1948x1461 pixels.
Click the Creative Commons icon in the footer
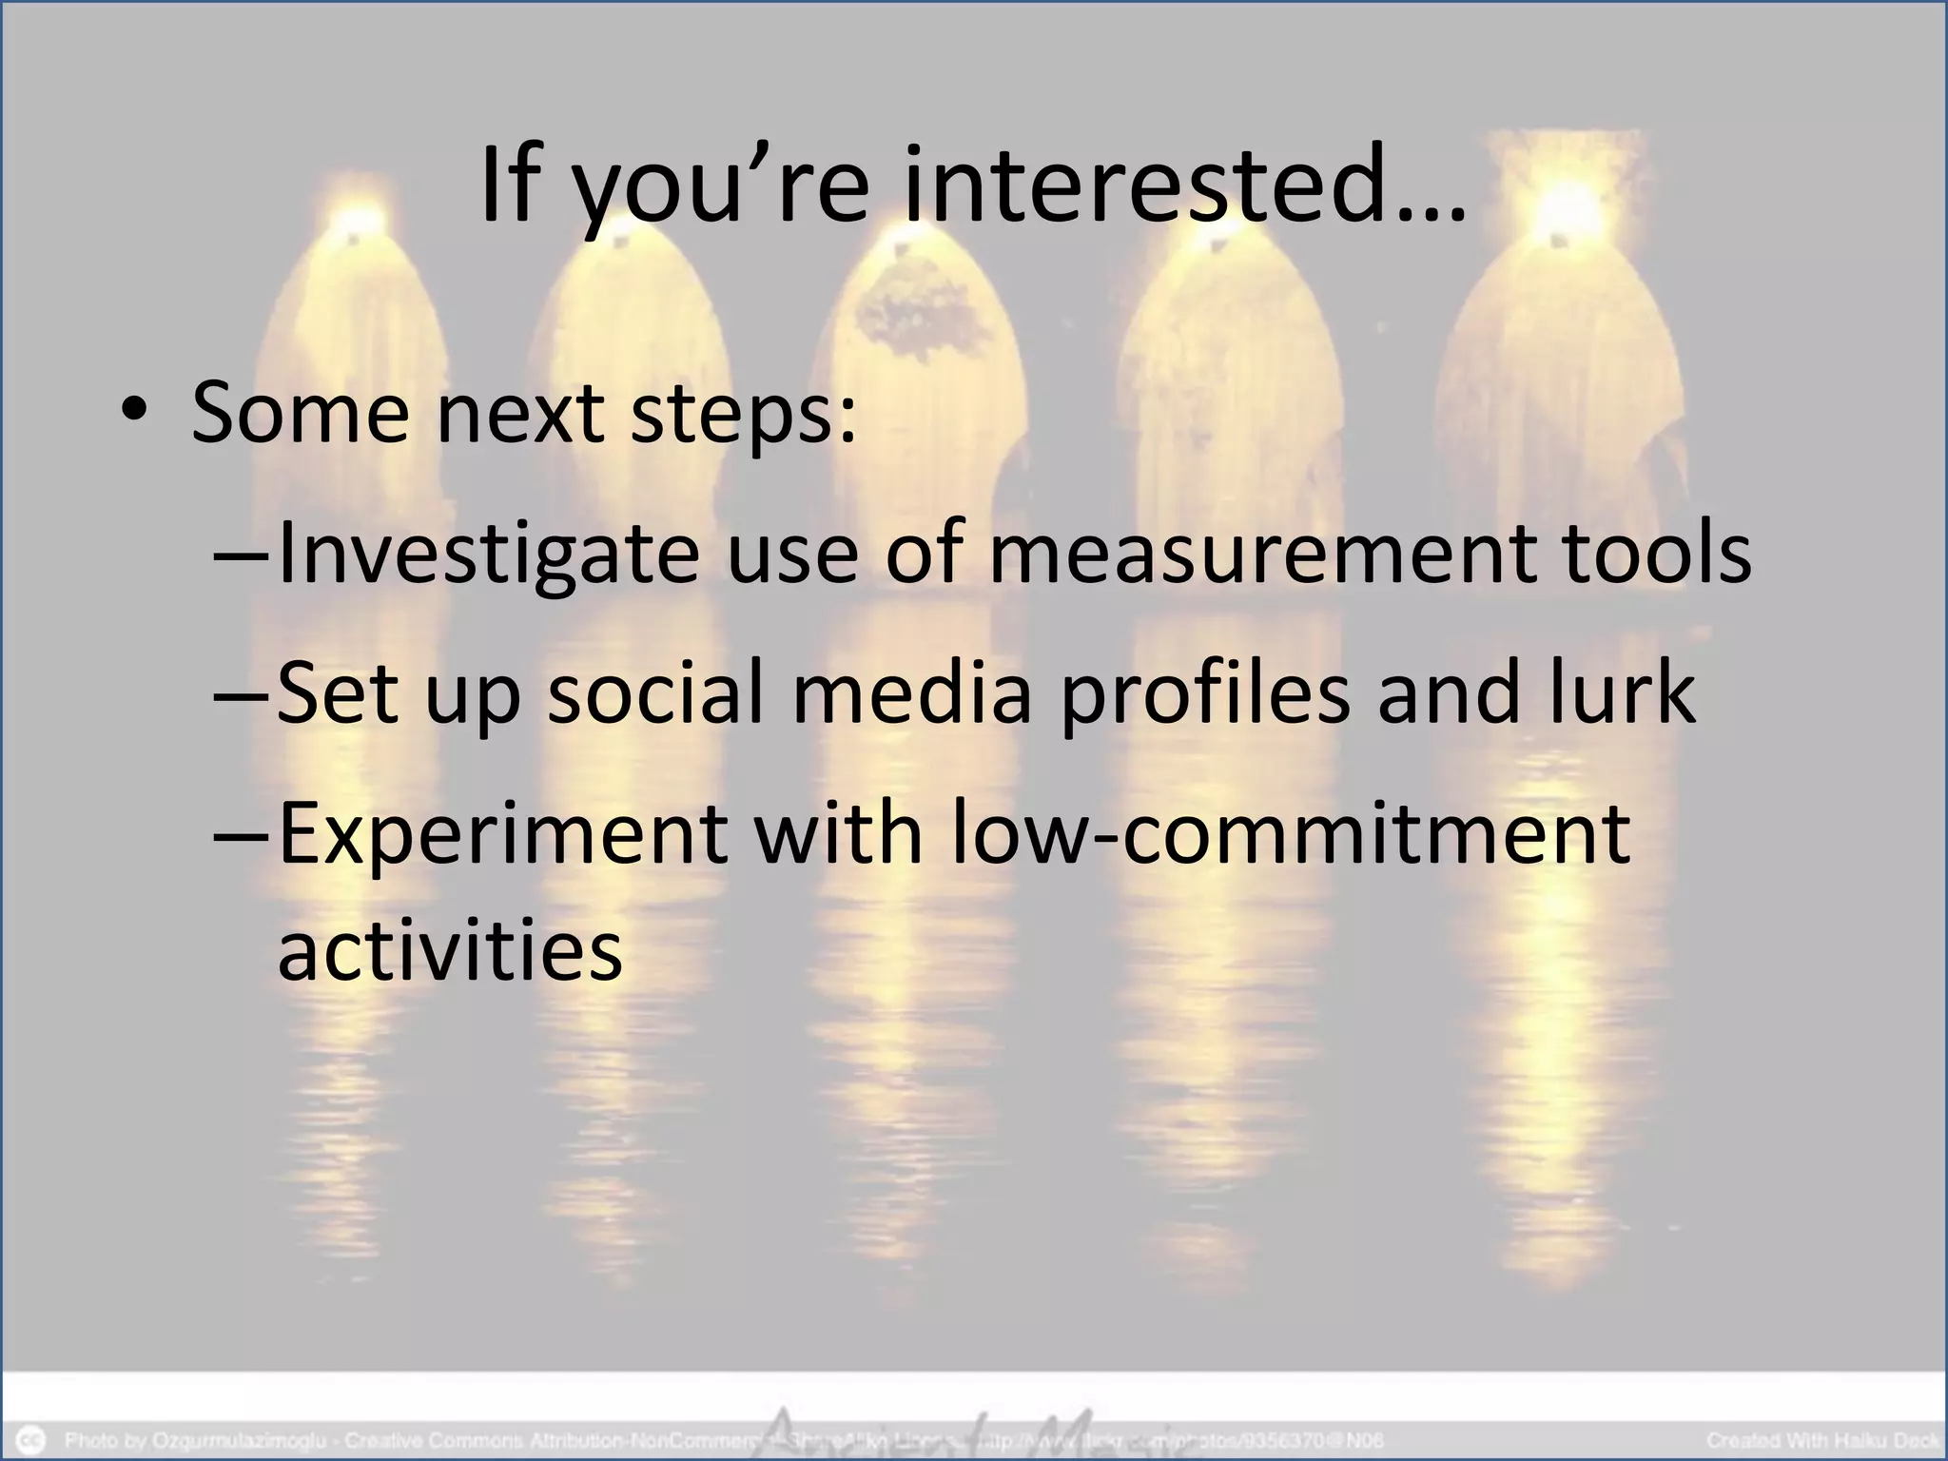[x=32, y=1440]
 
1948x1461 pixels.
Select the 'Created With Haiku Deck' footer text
[x=1822, y=1440]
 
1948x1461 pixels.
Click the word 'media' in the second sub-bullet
[x=912, y=693]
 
